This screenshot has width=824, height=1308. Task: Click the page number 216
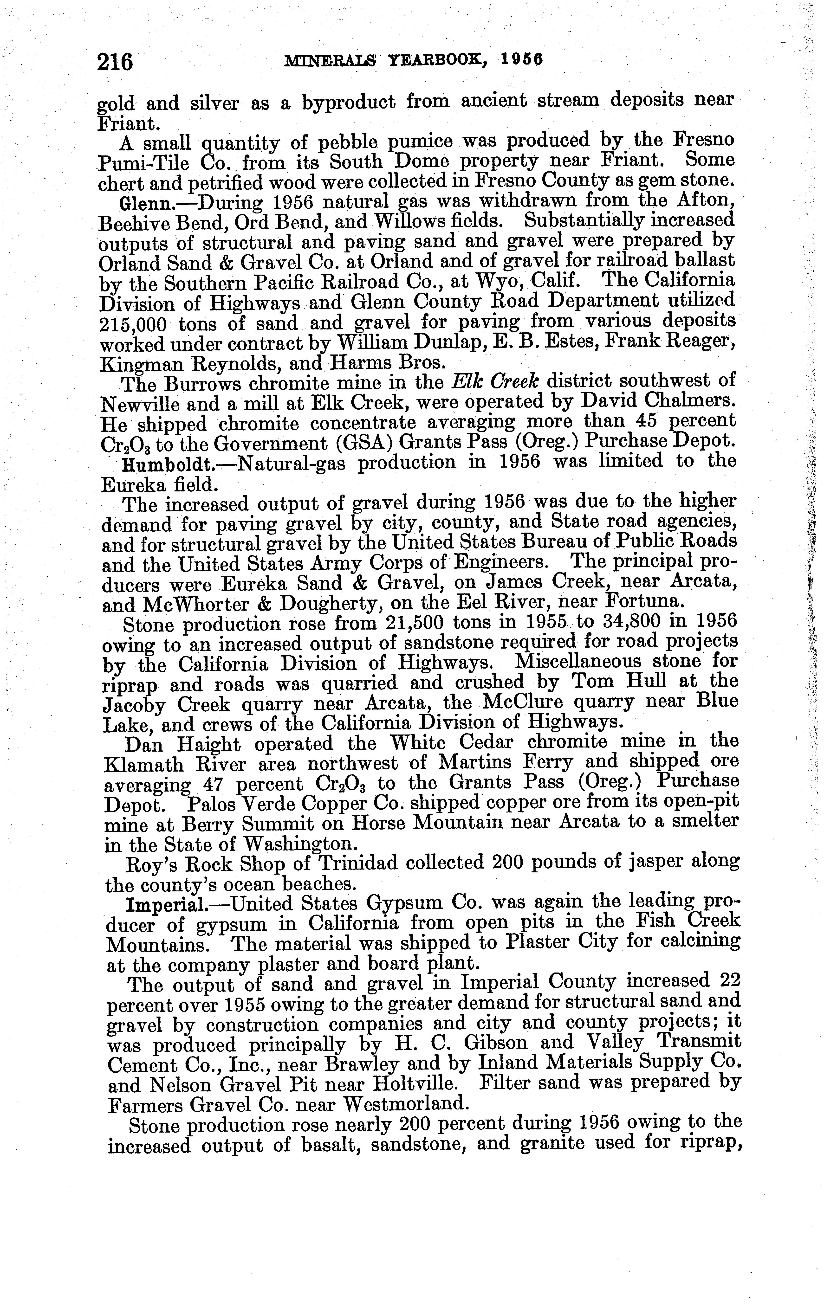(115, 61)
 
